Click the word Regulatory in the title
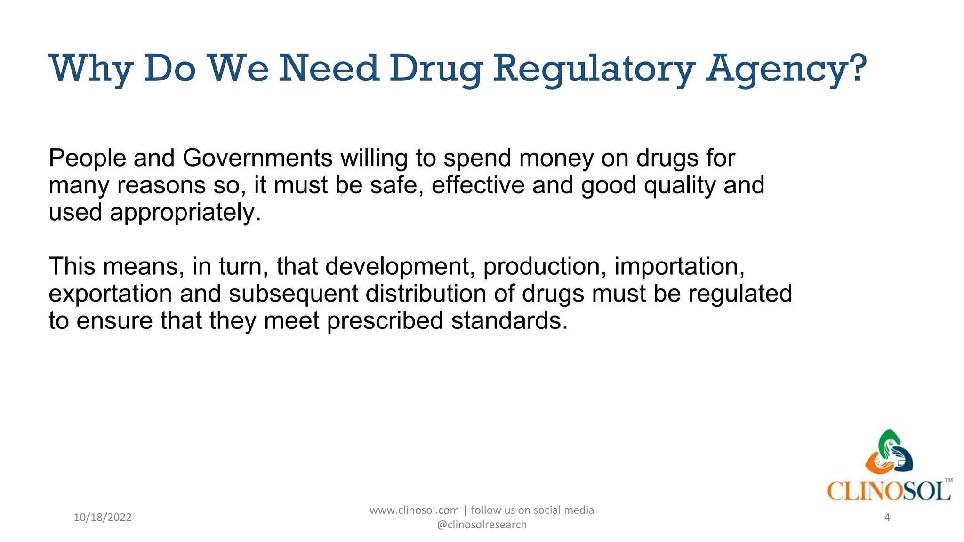(x=594, y=69)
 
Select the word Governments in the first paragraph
(x=257, y=158)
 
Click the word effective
(x=478, y=185)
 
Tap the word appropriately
(x=185, y=213)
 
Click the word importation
(x=679, y=267)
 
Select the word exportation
(x=110, y=294)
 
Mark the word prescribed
(x=385, y=321)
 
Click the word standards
(x=509, y=321)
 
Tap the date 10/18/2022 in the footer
(x=103, y=518)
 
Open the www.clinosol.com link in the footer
(x=414, y=510)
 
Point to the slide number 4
(x=887, y=518)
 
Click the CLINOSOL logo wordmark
(x=889, y=492)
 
